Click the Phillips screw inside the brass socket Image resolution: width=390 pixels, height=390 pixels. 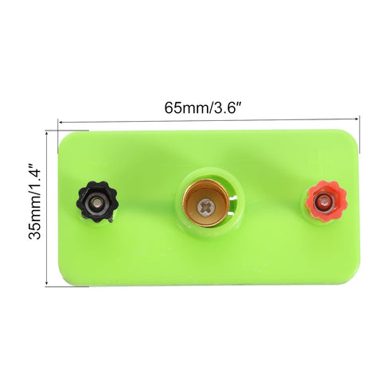(x=209, y=208)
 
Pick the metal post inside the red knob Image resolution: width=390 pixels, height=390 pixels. (x=323, y=204)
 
